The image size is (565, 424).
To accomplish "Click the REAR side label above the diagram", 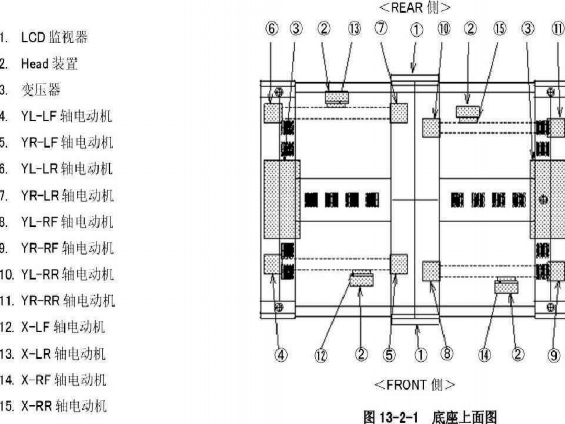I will click(415, 7).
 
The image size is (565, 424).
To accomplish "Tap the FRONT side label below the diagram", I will click(415, 385).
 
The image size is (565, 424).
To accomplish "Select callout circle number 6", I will click(272, 29).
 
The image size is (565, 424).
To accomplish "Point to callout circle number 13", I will click(354, 29).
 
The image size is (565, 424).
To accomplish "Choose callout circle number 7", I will click(381, 28).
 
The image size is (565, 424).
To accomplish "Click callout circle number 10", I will click(444, 29).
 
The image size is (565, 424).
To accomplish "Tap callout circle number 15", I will click(500, 29).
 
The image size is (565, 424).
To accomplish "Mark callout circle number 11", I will click(558, 29).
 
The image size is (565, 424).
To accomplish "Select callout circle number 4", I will click(281, 355).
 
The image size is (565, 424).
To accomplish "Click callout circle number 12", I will click(321, 355).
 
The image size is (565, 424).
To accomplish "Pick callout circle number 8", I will click(447, 354).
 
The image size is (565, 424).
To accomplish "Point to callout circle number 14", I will click(485, 355).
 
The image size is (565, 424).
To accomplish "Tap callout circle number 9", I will click(554, 355).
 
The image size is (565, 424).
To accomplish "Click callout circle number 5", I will click(389, 355).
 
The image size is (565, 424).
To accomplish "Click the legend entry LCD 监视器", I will click(54, 37).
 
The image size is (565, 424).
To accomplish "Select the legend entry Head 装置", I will click(49, 64).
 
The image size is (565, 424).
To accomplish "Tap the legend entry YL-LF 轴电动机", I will click(66, 116).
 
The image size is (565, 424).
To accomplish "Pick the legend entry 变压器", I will click(41, 90).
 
